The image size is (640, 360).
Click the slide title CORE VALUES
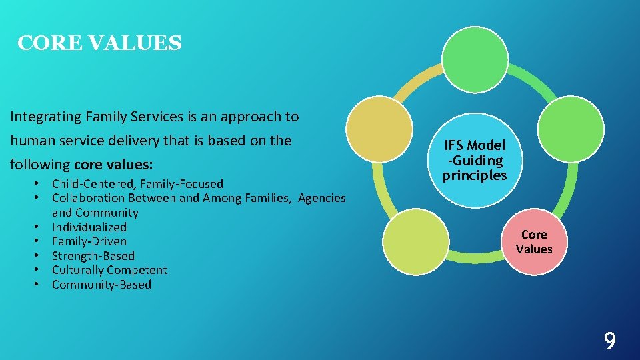99,43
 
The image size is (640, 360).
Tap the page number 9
609,341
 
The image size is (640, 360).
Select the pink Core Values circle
533,241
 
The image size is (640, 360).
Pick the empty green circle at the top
475,59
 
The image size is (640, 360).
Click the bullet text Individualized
89,227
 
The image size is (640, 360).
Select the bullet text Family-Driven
89,241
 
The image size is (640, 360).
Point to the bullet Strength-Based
93,256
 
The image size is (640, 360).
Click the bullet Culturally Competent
109,270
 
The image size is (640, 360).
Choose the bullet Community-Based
101,285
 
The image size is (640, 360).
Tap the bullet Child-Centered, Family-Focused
137,184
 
